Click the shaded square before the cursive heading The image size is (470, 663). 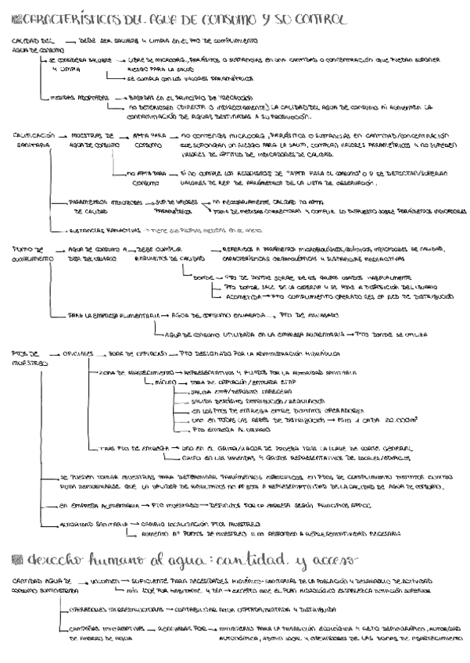(x=20, y=557)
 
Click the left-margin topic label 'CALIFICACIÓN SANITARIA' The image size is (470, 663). (x=32, y=140)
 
